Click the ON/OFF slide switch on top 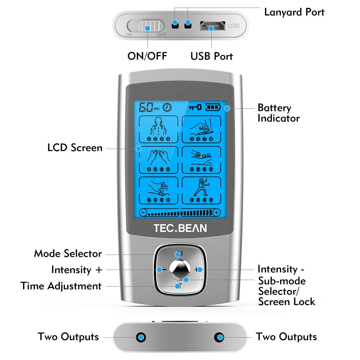147,27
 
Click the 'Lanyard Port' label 294,12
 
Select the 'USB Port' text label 212,56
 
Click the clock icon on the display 167,107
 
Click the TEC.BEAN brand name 180,228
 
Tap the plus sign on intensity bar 216,212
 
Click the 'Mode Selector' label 68,253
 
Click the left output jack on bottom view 141,337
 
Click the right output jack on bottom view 219,337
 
